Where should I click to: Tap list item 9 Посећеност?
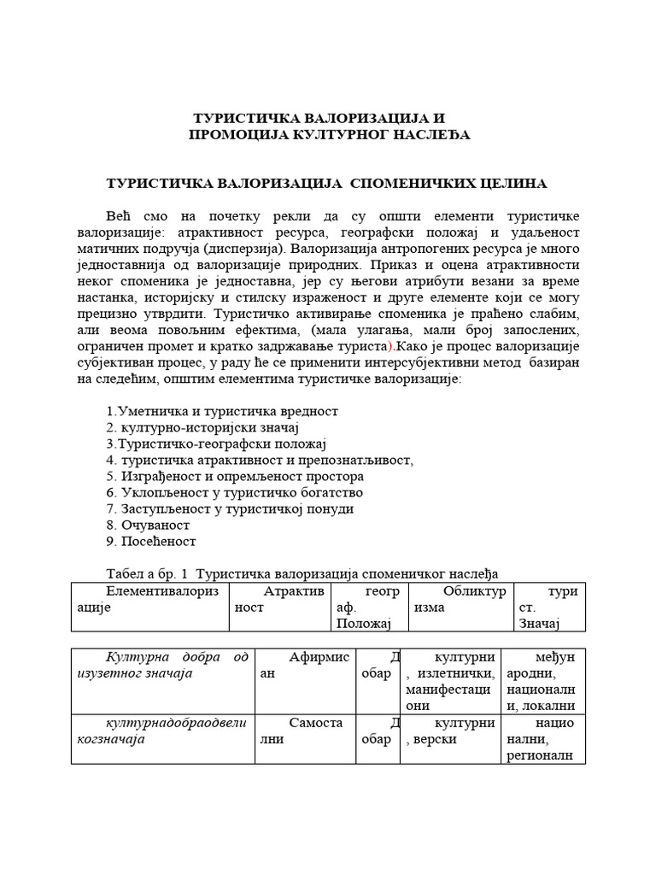[151, 541]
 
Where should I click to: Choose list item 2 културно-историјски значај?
[202, 427]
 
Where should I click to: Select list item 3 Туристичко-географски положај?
[216, 443]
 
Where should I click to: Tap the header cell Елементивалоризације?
[152, 599]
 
